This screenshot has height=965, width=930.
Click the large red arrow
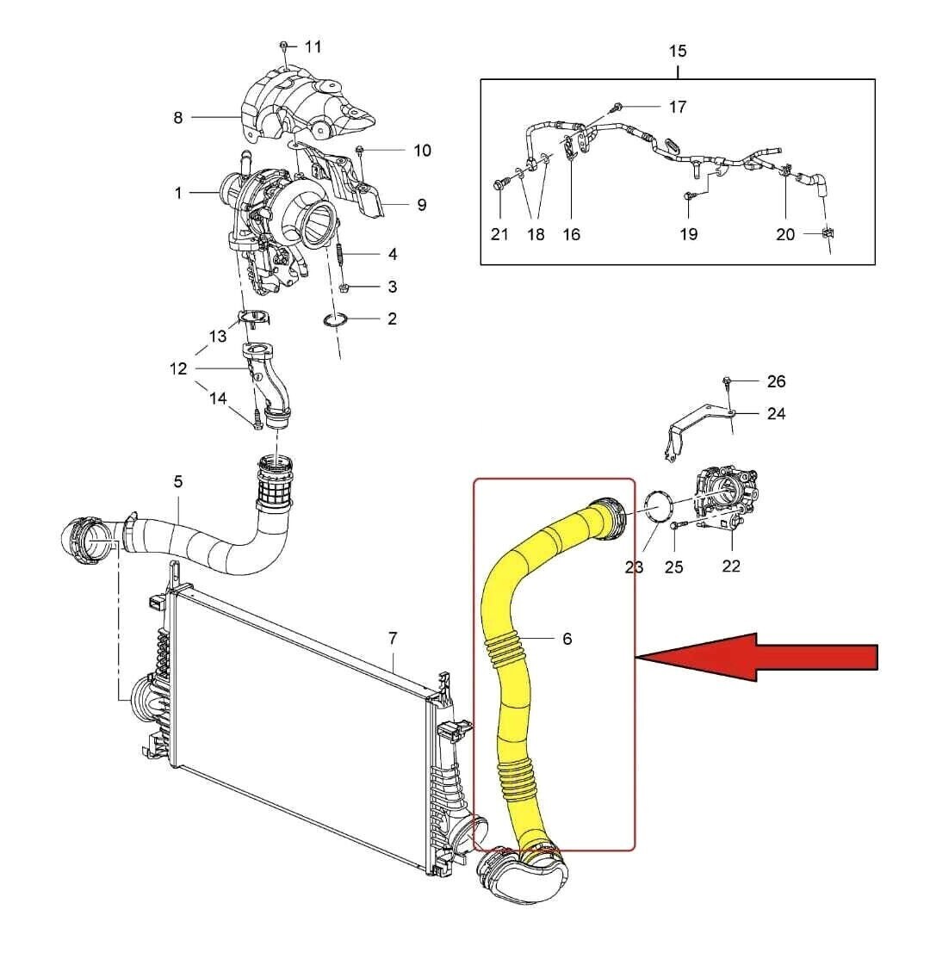click(758, 658)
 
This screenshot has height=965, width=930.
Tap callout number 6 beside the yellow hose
click(567, 639)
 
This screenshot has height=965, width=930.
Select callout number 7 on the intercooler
click(393, 638)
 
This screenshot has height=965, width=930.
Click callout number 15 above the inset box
click(678, 52)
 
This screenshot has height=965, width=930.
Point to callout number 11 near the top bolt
click(313, 46)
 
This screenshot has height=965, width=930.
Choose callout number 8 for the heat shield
click(178, 117)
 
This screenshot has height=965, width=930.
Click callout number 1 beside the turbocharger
click(178, 193)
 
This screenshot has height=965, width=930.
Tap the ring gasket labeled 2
click(335, 320)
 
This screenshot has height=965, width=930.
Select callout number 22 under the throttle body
click(731, 566)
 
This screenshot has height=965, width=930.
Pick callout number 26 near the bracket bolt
click(776, 381)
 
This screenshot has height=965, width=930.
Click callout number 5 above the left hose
click(178, 481)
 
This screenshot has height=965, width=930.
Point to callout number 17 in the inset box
click(678, 107)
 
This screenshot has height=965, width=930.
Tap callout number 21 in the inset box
click(499, 234)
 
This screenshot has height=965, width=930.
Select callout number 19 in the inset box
click(688, 234)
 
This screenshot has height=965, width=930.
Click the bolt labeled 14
click(257, 420)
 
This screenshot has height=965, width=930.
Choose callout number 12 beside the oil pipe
click(178, 368)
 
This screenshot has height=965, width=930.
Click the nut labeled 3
click(344, 287)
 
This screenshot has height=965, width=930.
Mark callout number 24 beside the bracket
click(776, 413)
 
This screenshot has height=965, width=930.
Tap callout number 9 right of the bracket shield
click(421, 205)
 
